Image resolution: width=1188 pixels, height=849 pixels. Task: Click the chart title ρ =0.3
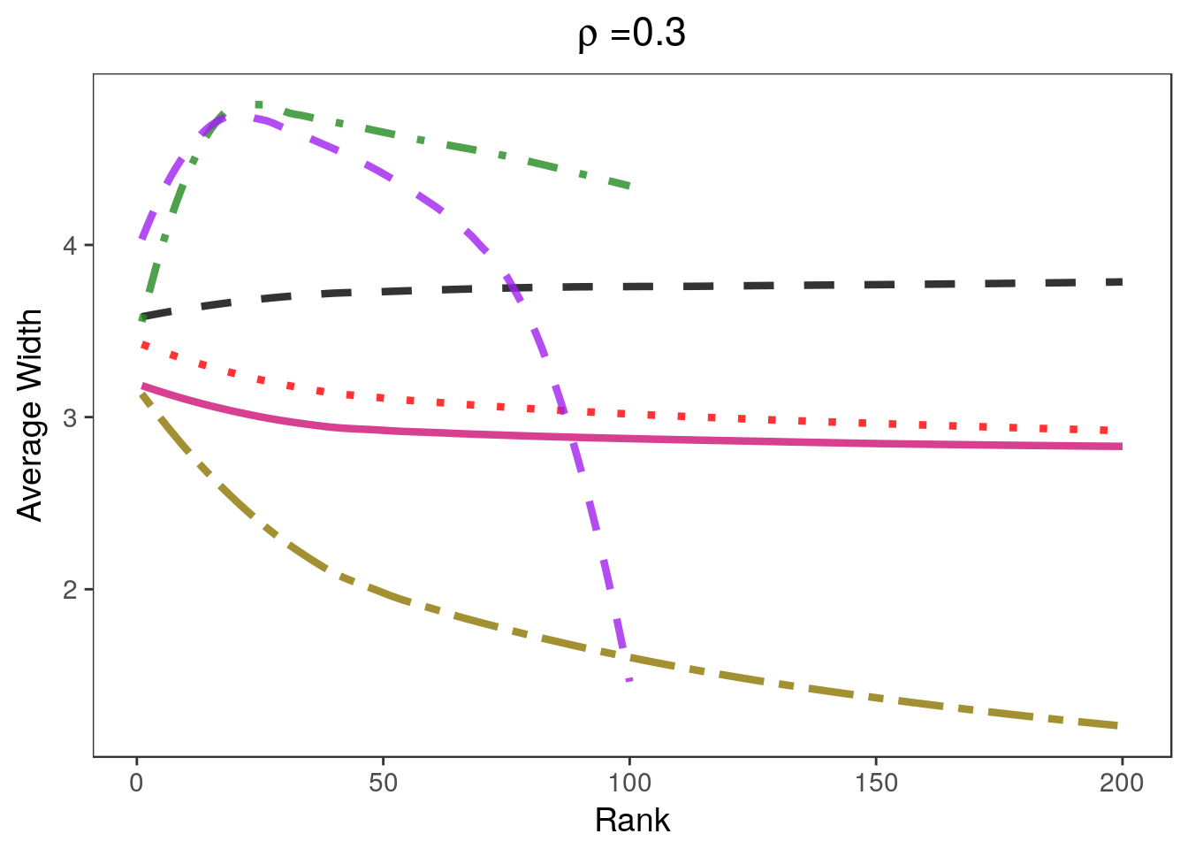[x=632, y=34]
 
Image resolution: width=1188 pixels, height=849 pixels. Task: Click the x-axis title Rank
[x=632, y=820]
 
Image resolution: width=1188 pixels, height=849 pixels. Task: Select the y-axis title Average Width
[x=30, y=416]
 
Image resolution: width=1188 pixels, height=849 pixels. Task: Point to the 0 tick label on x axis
[x=137, y=784]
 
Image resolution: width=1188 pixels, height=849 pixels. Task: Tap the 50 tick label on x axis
[x=383, y=784]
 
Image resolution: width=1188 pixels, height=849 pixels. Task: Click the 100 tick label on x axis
[x=629, y=784]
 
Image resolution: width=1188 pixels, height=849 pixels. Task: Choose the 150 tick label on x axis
[x=875, y=784]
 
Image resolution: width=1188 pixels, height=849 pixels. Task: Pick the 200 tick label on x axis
[x=1122, y=784]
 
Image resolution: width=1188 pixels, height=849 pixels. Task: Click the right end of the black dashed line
[x=1121, y=282]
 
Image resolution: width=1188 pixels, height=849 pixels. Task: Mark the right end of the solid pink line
[x=1121, y=447]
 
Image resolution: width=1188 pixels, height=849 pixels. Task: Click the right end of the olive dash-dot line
[x=1119, y=726]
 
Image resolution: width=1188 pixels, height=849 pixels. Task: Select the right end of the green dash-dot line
[x=628, y=186]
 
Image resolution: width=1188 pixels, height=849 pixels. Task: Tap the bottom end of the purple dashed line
[x=628, y=679]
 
